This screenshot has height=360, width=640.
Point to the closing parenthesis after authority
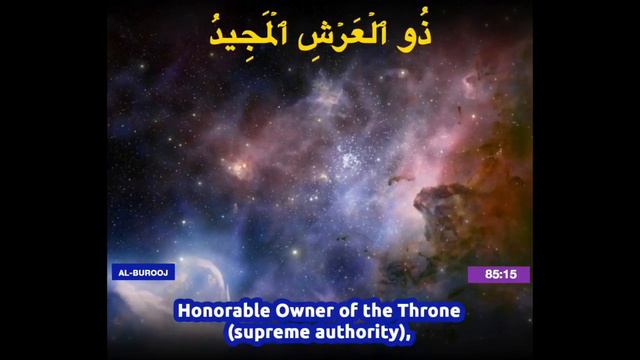404,331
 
